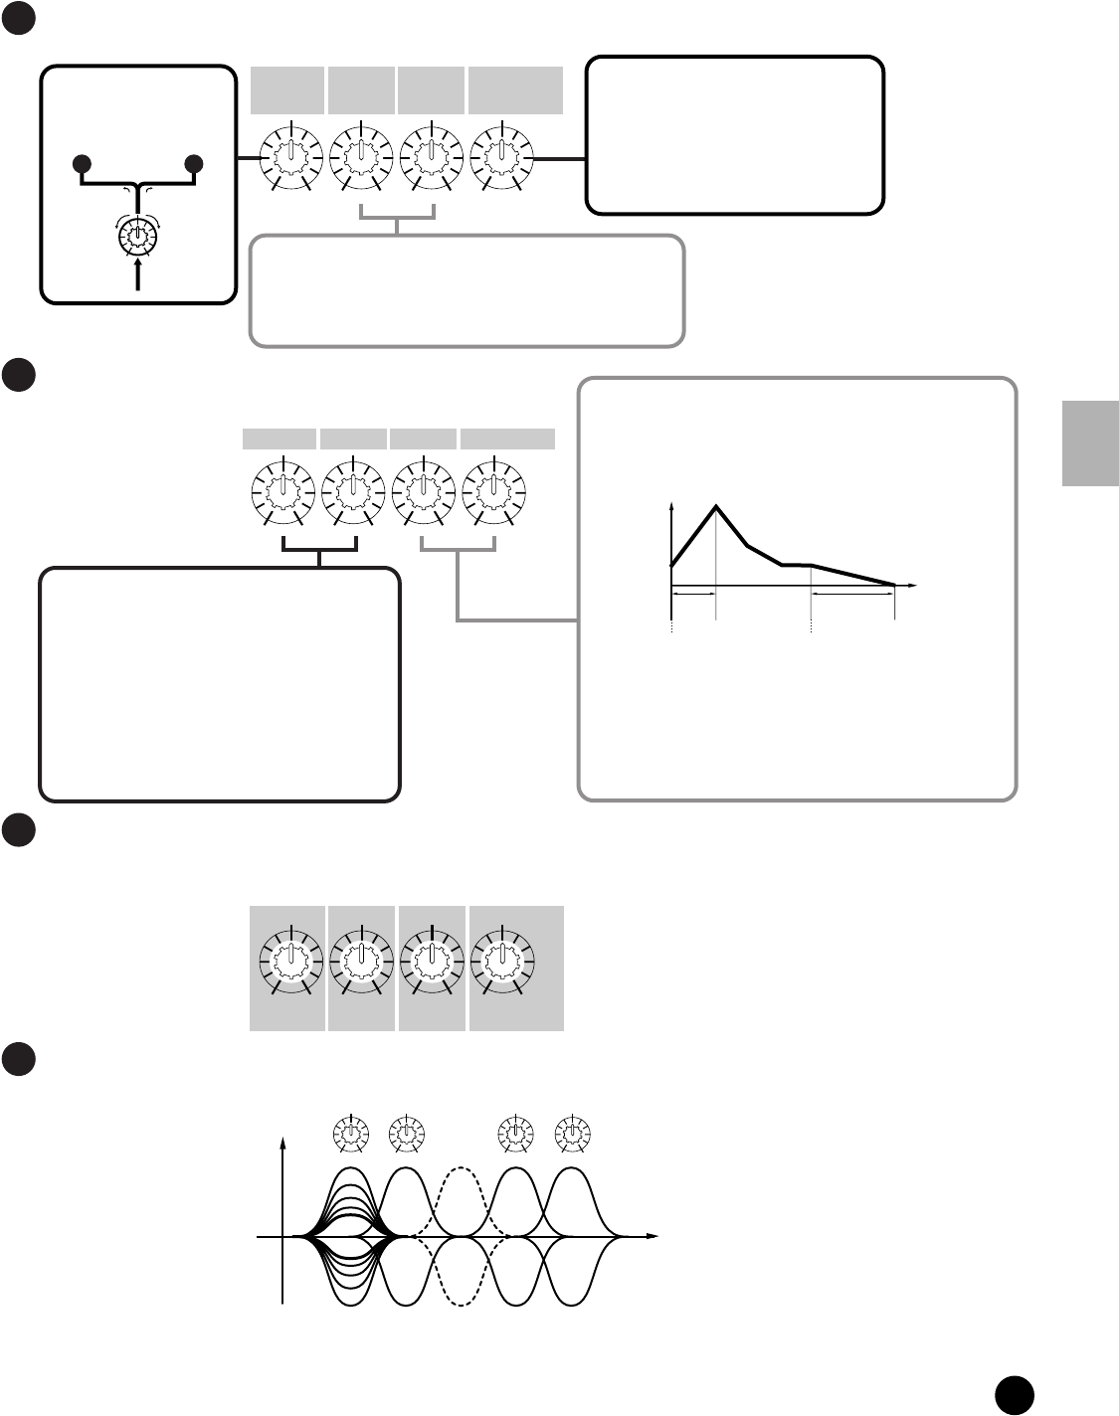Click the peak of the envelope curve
coord(716,507)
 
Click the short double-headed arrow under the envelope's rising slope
coord(694,594)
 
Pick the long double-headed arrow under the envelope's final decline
coord(852,594)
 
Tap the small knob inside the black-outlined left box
coord(137,237)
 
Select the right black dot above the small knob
coord(194,164)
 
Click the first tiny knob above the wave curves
coord(350,1133)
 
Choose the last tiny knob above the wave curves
coord(572,1133)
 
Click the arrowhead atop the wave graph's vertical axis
coord(284,1145)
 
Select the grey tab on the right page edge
coord(1090,442)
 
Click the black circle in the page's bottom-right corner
coord(1015,1394)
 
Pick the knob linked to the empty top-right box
coord(502,158)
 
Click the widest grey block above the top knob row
coord(516,90)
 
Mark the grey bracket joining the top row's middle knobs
coord(398,217)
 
